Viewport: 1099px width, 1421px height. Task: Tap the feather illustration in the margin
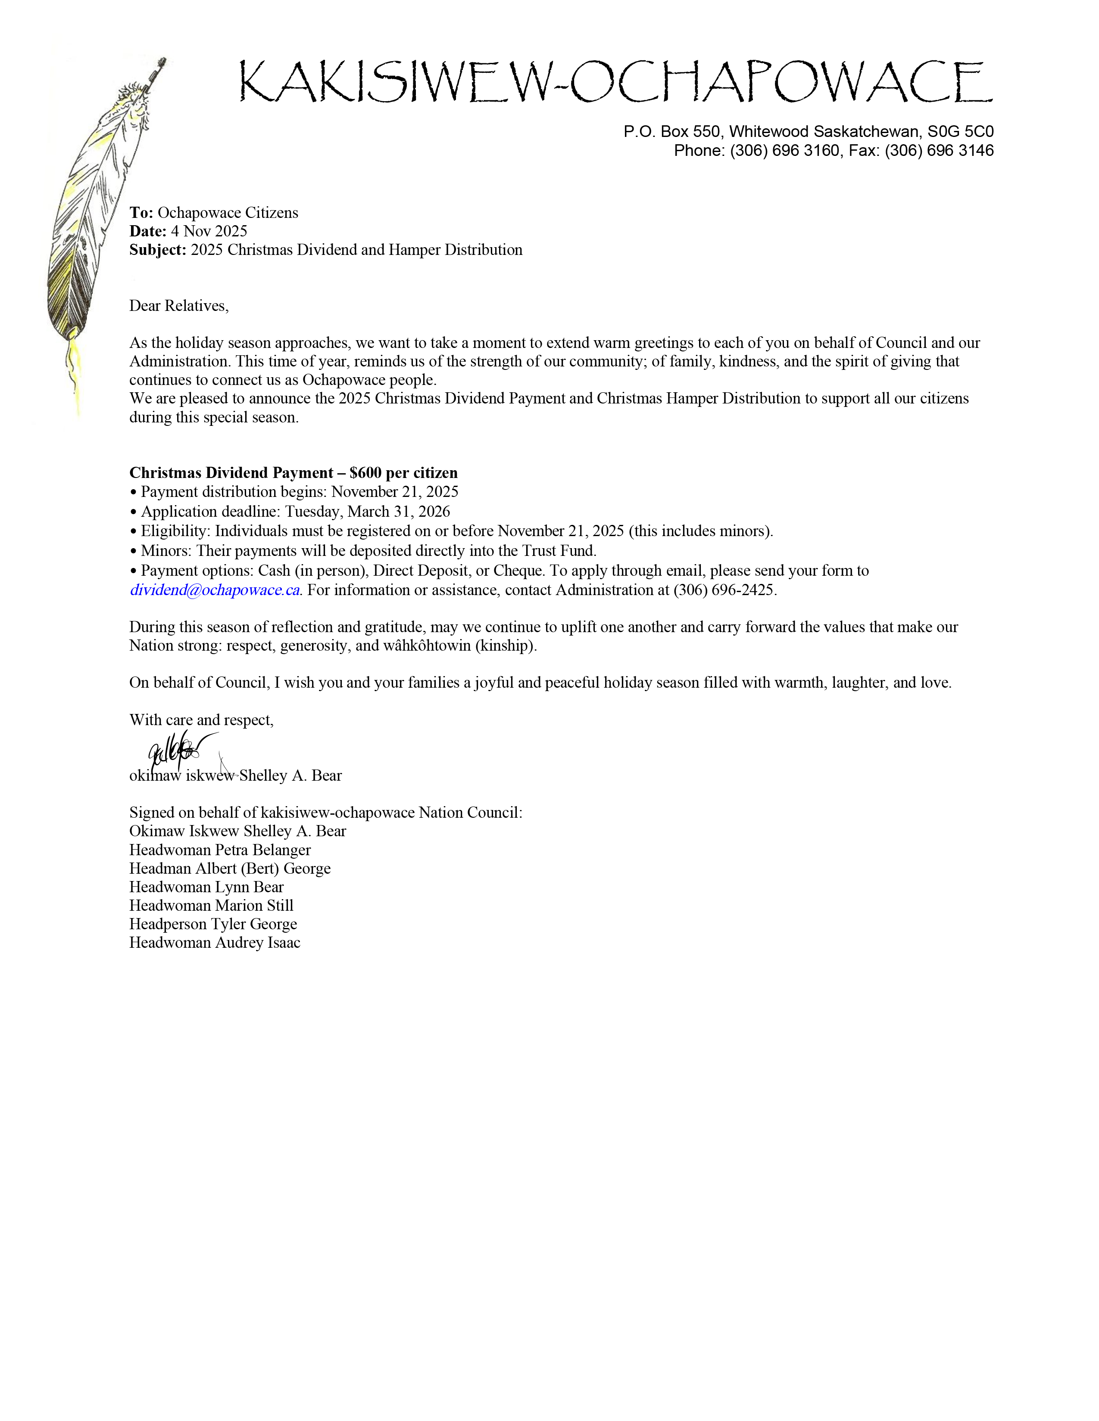pos(98,215)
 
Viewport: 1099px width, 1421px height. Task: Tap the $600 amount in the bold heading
pos(365,473)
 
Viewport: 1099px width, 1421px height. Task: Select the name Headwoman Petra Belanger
pos(220,850)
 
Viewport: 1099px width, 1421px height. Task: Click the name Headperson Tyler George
pos(213,925)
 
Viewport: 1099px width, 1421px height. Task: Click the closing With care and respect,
pos(201,720)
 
